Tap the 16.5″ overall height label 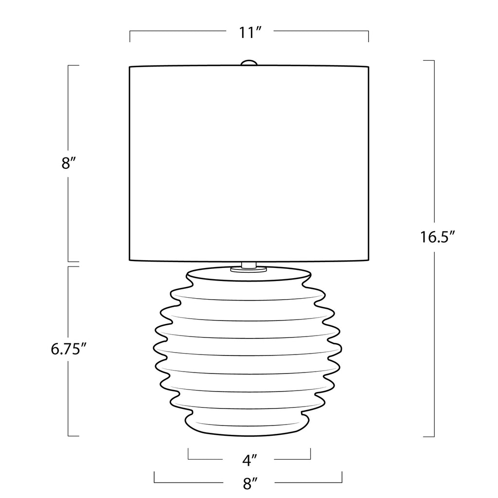tap(438, 237)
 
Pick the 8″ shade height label tap(69, 164)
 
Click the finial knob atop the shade tap(249, 63)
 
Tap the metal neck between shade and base tap(249, 265)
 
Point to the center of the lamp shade tap(249, 163)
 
